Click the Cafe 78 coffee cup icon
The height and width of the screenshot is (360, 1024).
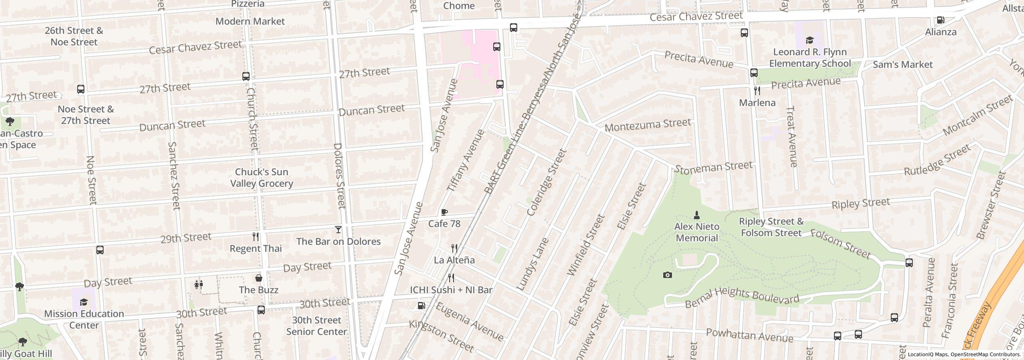[x=444, y=212]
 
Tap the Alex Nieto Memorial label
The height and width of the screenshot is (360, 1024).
[x=696, y=232]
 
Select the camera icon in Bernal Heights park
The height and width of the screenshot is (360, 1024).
[x=667, y=275]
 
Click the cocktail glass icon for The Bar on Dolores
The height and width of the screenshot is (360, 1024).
[x=338, y=230]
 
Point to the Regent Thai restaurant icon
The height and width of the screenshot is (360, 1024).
[x=256, y=237]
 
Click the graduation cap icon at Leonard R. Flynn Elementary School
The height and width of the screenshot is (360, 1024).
[x=810, y=40]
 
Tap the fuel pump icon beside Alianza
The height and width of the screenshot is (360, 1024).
[x=941, y=20]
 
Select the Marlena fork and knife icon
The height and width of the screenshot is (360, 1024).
[x=757, y=91]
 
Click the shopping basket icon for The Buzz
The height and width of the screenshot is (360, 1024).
[x=259, y=278]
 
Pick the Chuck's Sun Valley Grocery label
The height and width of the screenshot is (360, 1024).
[x=262, y=178]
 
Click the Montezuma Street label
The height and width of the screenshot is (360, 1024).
[x=648, y=125]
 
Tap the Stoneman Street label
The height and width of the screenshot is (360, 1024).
[x=713, y=167]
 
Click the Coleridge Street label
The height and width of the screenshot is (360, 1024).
[x=547, y=182]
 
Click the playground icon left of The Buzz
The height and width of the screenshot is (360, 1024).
[x=199, y=284]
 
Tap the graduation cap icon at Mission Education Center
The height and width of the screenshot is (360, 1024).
[x=84, y=302]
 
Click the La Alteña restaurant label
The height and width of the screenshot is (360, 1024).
[x=454, y=260]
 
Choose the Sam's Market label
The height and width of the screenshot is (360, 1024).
[x=902, y=64]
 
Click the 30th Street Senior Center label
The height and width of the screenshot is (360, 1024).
[x=316, y=326]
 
